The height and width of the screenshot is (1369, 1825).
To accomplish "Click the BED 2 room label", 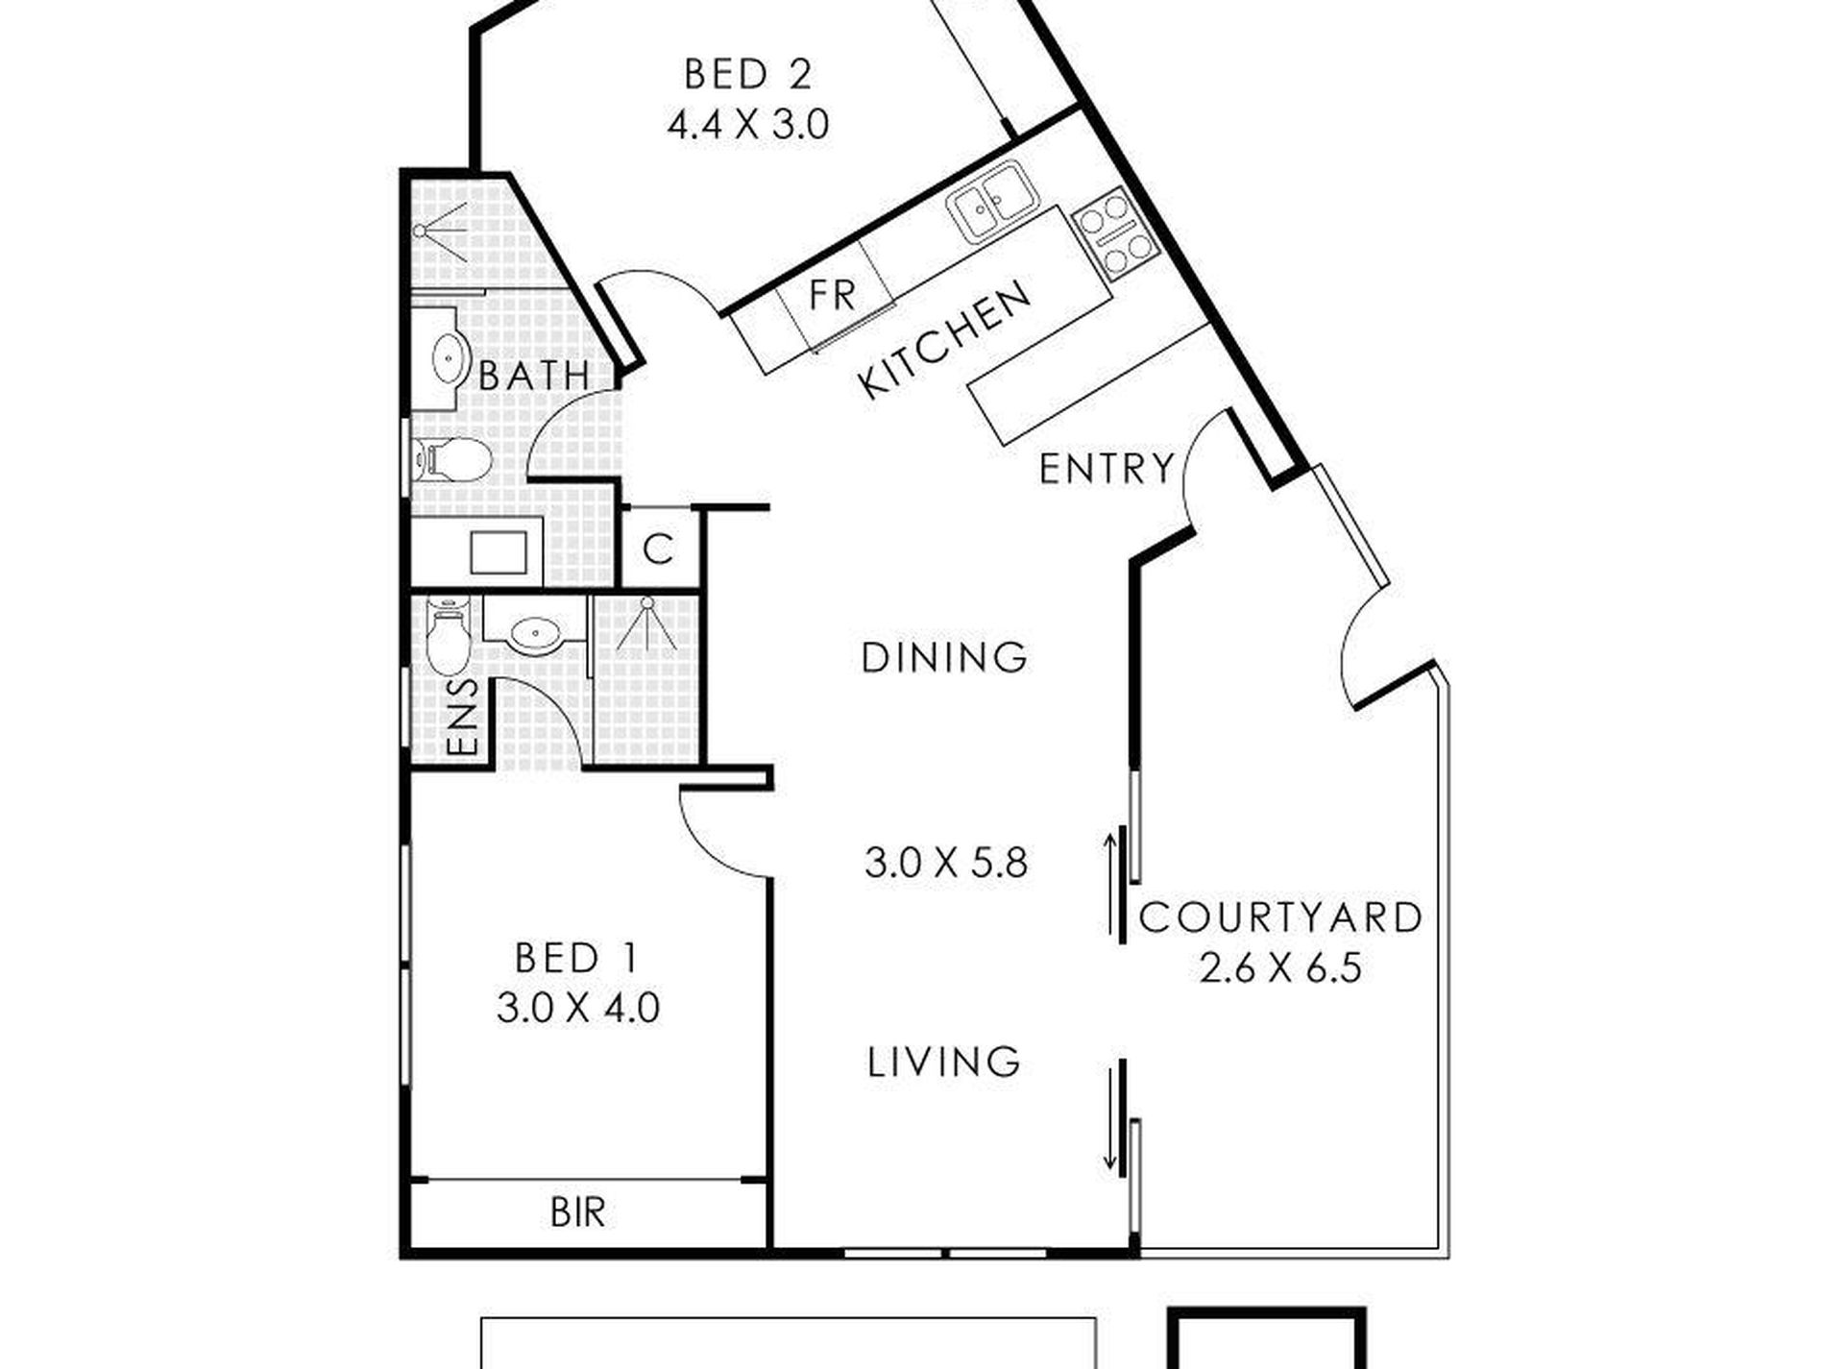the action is (747, 74).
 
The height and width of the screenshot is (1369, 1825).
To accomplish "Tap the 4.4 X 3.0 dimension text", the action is (747, 125).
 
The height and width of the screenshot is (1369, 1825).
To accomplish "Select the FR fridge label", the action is (832, 295).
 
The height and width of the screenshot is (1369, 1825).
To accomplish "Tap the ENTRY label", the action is (1107, 469).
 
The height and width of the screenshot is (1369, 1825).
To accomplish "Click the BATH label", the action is (534, 375).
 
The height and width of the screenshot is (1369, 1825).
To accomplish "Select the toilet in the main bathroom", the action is (451, 459).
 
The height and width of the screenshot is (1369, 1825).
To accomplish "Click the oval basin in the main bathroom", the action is (449, 358).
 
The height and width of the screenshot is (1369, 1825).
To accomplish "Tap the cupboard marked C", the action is (658, 549).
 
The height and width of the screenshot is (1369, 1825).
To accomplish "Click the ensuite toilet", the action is (447, 634).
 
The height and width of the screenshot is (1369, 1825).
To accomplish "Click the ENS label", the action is (463, 717).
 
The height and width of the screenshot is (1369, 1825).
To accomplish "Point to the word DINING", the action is (945, 658).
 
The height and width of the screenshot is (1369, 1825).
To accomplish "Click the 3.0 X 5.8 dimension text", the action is (946, 863).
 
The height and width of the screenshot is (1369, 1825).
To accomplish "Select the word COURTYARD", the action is (1280, 917).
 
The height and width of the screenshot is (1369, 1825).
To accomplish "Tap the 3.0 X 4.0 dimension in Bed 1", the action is (578, 1009).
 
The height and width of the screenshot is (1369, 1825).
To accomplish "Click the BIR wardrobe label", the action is (577, 1212).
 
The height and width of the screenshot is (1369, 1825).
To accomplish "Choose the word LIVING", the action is (943, 1062).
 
